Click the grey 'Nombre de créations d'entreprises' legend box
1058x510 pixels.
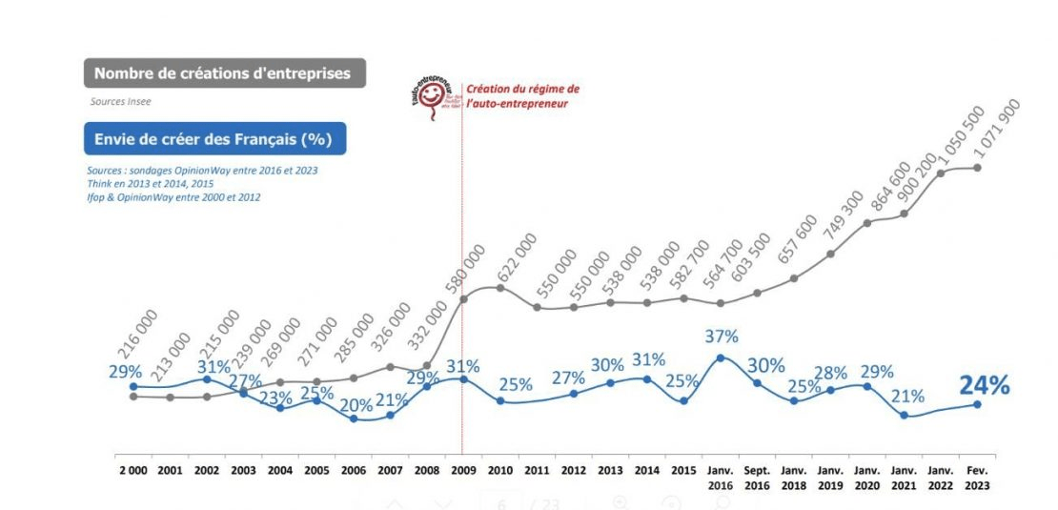pyautogui.click(x=224, y=73)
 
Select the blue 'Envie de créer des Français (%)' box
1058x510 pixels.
pyautogui.click(x=214, y=139)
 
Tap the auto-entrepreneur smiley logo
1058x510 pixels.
pyautogui.click(x=432, y=96)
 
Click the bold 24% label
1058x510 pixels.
pyautogui.click(x=984, y=385)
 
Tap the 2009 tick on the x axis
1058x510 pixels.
pyautogui.click(x=462, y=470)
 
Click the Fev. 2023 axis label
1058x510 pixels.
pyautogui.click(x=977, y=478)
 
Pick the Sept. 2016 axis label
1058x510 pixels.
pyautogui.click(x=756, y=478)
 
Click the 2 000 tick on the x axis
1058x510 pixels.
pyautogui.click(x=132, y=470)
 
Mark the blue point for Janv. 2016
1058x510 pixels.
pyautogui.click(x=720, y=357)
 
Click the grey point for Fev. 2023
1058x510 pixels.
pyautogui.click(x=977, y=168)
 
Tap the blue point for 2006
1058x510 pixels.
pyautogui.click(x=353, y=418)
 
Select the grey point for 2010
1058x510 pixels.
pyautogui.click(x=499, y=287)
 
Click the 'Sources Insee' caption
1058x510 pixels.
pyautogui.click(x=121, y=101)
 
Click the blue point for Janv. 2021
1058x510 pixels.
pyautogui.click(x=904, y=415)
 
